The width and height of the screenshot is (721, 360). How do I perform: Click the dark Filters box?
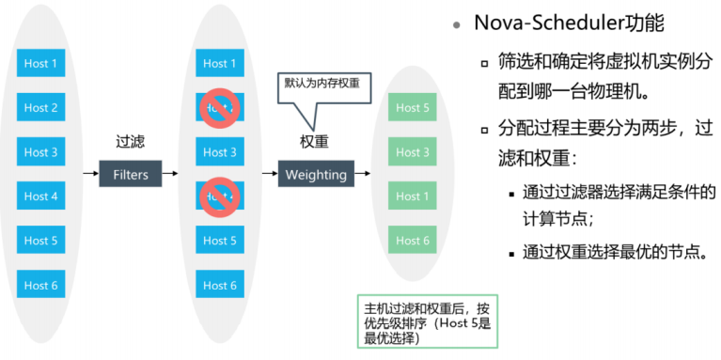130,174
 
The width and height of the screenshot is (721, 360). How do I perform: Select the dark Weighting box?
316,174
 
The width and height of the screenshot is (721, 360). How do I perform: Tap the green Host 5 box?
413,108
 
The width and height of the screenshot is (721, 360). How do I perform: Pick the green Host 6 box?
413,241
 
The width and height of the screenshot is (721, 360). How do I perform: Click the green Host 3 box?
413,152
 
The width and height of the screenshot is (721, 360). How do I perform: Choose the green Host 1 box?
413,196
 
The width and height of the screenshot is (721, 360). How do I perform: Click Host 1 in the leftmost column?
40,64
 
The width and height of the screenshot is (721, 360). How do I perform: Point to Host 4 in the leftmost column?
40,196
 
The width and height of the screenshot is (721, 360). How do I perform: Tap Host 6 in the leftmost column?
40,285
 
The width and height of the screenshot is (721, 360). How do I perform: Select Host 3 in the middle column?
220,152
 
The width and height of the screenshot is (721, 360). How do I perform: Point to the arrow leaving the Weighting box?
361,174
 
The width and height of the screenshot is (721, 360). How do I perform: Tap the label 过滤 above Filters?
130,142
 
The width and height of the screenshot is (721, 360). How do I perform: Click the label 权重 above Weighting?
315,142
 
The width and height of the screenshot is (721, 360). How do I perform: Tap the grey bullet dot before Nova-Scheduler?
457,24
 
